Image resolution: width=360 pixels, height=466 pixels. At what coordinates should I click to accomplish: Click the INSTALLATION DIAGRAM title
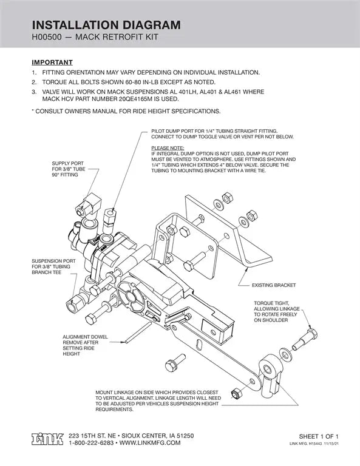[x=106, y=25]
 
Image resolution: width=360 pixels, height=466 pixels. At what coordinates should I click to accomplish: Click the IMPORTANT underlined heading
[x=52, y=62]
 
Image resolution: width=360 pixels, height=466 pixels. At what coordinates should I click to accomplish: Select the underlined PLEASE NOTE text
[x=168, y=147]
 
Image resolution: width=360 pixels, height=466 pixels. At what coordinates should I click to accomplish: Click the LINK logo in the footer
[x=47, y=439]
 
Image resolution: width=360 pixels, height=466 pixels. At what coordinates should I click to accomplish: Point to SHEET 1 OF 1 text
[x=318, y=436]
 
